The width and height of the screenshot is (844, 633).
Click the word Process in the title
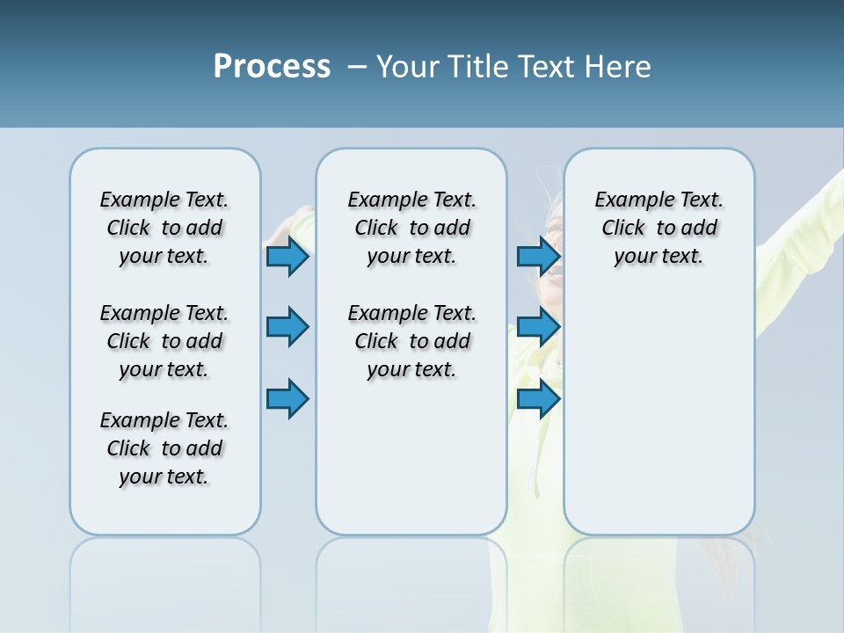(x=272, y=67)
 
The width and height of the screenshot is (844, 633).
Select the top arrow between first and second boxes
(x=287, y=257)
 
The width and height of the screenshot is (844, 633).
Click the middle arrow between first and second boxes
(x=287, y=327)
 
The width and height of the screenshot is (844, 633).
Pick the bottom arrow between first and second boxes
(x=287, y=398)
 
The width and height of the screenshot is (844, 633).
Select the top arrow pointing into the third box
(x=538, y=257)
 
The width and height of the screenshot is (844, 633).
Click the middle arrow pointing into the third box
(x=538, y=327)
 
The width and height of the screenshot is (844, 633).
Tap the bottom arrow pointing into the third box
(x=538, y=398)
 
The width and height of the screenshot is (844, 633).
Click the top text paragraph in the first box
(x=164, y=228)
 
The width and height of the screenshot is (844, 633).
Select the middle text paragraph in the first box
(x=164, y=341)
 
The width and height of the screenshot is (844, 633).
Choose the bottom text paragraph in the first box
(x=164, y=448)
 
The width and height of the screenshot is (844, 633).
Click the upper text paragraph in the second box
(x=411, y=228)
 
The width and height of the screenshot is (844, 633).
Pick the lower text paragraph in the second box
(x=411, y=341)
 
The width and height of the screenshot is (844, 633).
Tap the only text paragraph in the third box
(x=658, y=228)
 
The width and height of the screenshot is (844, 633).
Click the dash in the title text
(x=356, y=67)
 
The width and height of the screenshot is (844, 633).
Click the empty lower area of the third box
(x=658, y=422)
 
